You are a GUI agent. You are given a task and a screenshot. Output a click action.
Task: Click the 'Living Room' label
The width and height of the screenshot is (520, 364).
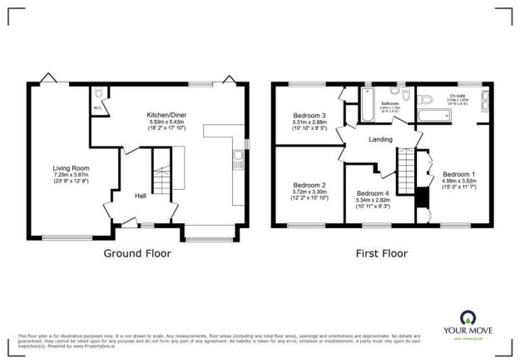[65, 167]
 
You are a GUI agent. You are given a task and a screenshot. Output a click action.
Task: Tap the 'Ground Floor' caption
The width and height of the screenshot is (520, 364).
[137, 253]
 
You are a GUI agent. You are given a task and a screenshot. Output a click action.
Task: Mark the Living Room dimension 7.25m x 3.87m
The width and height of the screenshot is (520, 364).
[65, 174]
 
